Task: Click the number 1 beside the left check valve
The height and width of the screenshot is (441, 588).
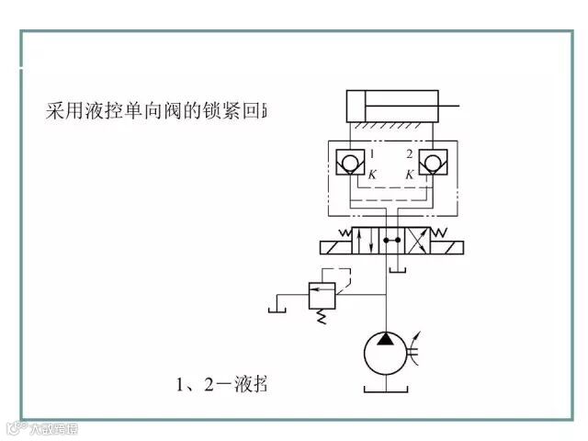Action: pyautogui.click(x=370, y=153)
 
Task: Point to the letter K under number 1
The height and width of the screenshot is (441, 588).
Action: pyautogui.click(x=371, y=174)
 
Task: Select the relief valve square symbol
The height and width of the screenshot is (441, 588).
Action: pyautogui.click(x=322, y=294)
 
